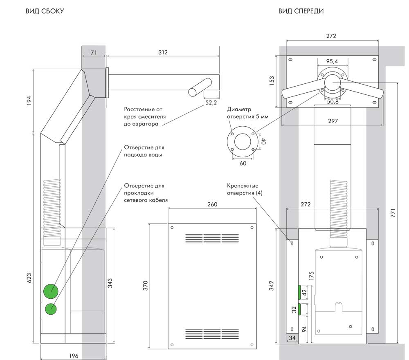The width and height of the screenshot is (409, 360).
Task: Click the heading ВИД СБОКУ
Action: coord(45,11)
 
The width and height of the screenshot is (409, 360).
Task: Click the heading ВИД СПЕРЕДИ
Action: coord(301,11)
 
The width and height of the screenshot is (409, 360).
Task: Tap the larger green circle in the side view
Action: coord(51,291)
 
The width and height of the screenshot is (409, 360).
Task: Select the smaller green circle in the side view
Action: coord(51,309)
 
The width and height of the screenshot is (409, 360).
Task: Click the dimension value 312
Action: coord(163,52)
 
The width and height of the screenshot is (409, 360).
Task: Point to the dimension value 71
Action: coord(94,52)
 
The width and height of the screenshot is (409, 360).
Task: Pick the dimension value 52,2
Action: coord(211,103)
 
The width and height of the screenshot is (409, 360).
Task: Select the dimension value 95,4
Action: coord(332,61)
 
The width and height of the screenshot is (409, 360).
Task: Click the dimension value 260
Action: coord(212,204)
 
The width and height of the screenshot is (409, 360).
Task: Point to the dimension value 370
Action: coord(145,285)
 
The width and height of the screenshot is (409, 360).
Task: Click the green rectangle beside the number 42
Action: coord(299,292)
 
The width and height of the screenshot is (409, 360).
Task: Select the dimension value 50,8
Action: coord(332,102)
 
